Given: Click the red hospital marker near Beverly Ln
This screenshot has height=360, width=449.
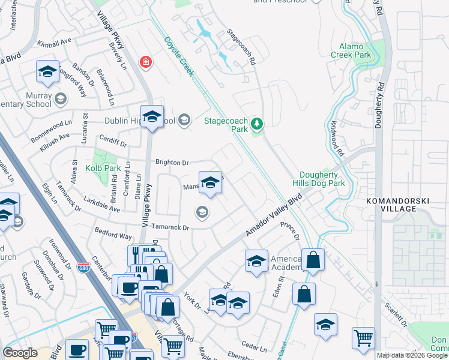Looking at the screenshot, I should (145, 62).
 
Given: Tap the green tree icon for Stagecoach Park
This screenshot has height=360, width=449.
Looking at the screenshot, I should (257, 124).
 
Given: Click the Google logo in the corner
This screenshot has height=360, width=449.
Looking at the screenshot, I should (20, 353).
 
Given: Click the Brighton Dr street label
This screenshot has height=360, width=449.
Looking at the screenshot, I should (172, 162).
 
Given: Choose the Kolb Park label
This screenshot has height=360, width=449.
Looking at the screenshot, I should (103, 169).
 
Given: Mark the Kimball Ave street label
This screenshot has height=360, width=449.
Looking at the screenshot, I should (54, 44).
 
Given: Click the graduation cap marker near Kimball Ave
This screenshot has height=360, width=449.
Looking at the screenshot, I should (47, 71).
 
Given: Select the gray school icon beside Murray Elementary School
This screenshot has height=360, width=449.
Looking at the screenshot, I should (59, 98).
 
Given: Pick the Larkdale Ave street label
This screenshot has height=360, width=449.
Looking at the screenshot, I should (102, 204).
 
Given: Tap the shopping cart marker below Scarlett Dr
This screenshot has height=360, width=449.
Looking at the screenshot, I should (363, 338).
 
